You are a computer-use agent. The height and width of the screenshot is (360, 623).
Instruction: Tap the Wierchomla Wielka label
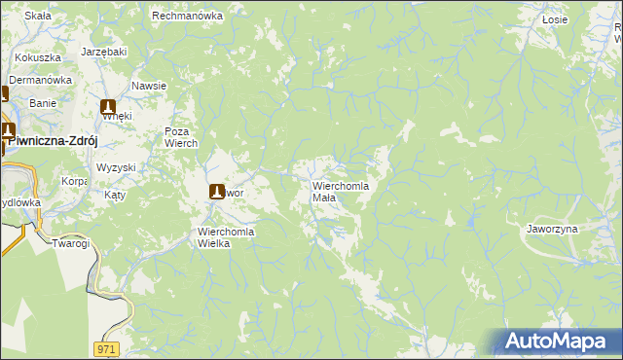(x=226, y=237)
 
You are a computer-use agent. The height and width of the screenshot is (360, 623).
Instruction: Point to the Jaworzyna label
(x=552, y=229)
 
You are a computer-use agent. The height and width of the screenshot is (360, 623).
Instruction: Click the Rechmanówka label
(x=188, y=17)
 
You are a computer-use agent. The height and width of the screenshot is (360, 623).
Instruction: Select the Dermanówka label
(x=42, y=80)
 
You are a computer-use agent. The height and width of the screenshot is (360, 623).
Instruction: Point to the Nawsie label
(x=149, y=86)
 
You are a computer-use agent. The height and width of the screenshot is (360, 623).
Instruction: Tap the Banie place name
(x=43, y=102)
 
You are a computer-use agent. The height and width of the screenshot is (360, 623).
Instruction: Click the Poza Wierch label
(x=181, y=137)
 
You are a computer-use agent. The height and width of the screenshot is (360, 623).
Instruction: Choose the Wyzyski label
(x=116, y=167)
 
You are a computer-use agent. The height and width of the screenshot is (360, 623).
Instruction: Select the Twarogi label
(x=71, y=242)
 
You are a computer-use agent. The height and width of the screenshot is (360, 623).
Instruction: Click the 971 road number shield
(x=107, y=348)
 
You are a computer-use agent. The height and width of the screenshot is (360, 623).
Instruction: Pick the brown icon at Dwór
(x=218, y=192)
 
